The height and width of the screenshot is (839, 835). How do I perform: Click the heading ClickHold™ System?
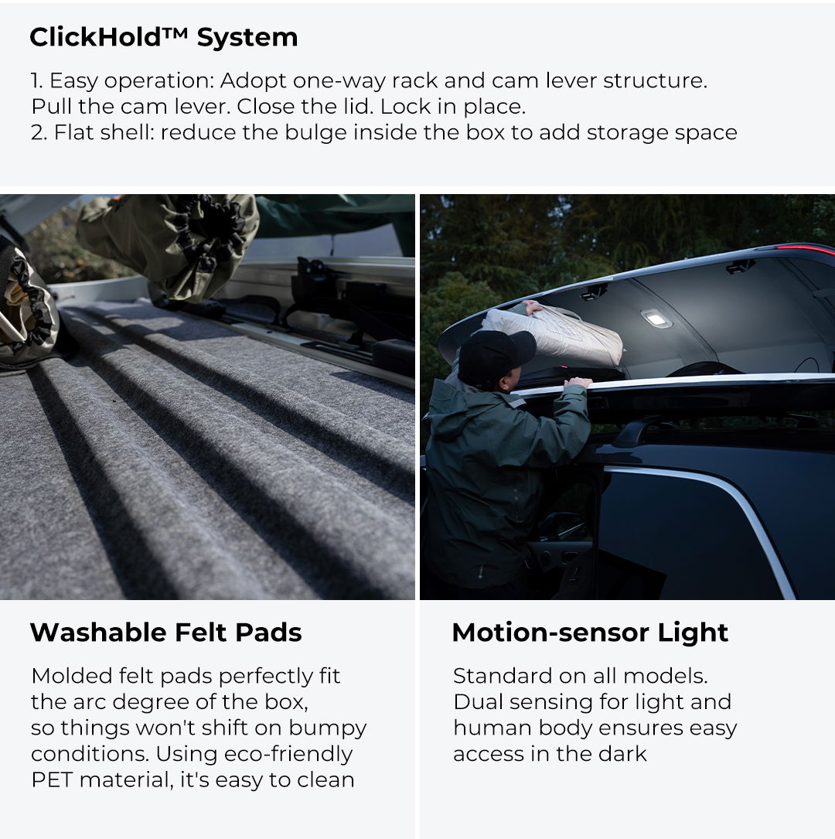pyautogui.click(x=164, y=37)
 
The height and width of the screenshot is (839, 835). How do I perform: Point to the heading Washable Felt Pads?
pyautogui.click(x=165, y=633)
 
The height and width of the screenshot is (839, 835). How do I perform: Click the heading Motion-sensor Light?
pyautogui.click(x=590, y=633)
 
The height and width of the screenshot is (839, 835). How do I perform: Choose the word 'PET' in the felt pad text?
pyautogui.click(x=52, y=780)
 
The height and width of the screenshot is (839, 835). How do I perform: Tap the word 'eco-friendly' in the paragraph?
pyautogui.click(x=288, y=755)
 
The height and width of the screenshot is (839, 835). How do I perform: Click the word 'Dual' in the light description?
pyautogui.click(x=479, y=702)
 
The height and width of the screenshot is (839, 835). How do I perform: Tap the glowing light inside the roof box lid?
pyautogui.click(x=656, y=319)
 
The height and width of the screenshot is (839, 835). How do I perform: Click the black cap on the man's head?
pyautogui.click(x=496, y=354)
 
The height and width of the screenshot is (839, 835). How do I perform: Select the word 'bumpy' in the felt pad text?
pyautogui.click(x=327, y=728)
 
